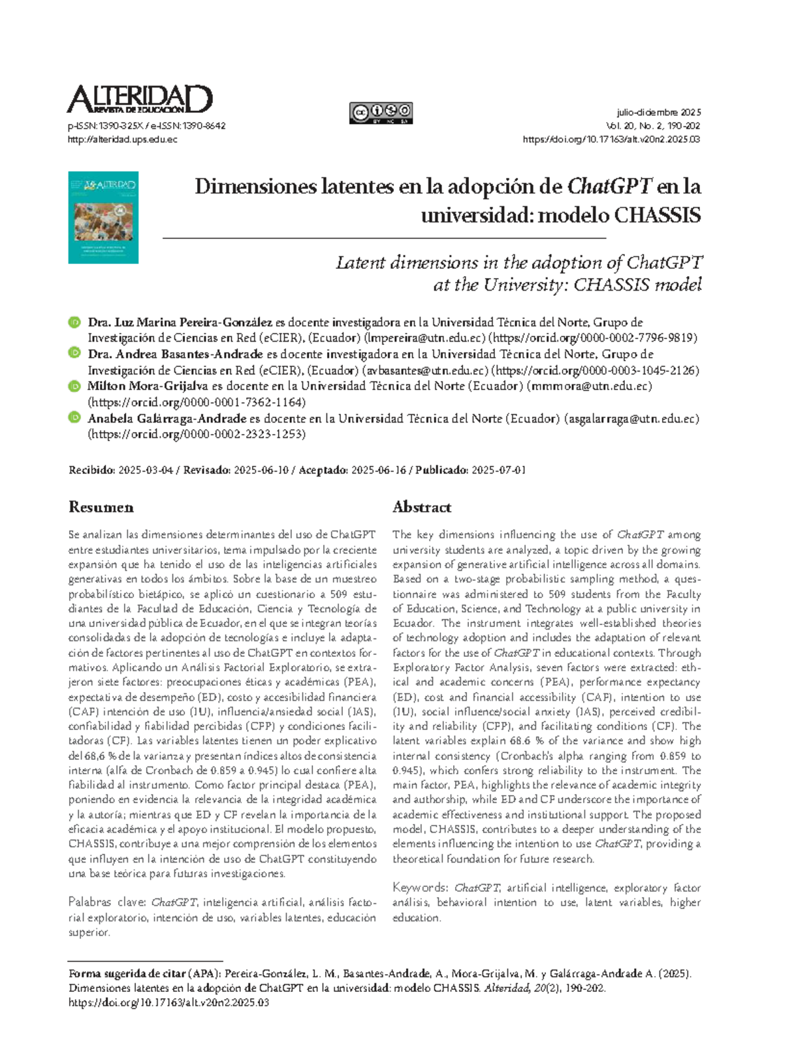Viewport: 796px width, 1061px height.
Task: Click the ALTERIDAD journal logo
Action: pyautogui.click(x=139, y=100)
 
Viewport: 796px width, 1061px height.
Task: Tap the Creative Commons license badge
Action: pyautogui.click(x=381, y=113)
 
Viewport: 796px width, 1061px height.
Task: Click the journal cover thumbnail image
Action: pyautogui.click(x=103, y=218)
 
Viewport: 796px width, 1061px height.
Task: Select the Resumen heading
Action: pyautogui.click(x=101, y=507)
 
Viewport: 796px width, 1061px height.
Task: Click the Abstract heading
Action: pyautogui.click(x=422, y=507)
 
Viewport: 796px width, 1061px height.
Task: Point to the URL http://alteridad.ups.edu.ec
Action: pyautogui.click(x=123, y=139)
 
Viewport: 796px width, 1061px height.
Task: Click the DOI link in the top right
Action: pyautogui.click(x=611, y=139)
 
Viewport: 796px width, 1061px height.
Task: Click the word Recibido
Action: pyautogui.click(x=92, y=470)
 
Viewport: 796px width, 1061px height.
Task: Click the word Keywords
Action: pyautogui.click(x=420, y=888)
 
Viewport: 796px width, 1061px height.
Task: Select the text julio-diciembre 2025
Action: pyautogui.click(x=658, y=112)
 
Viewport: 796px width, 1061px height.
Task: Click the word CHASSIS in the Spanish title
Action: pyautogui.click(x=657, y=216)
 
